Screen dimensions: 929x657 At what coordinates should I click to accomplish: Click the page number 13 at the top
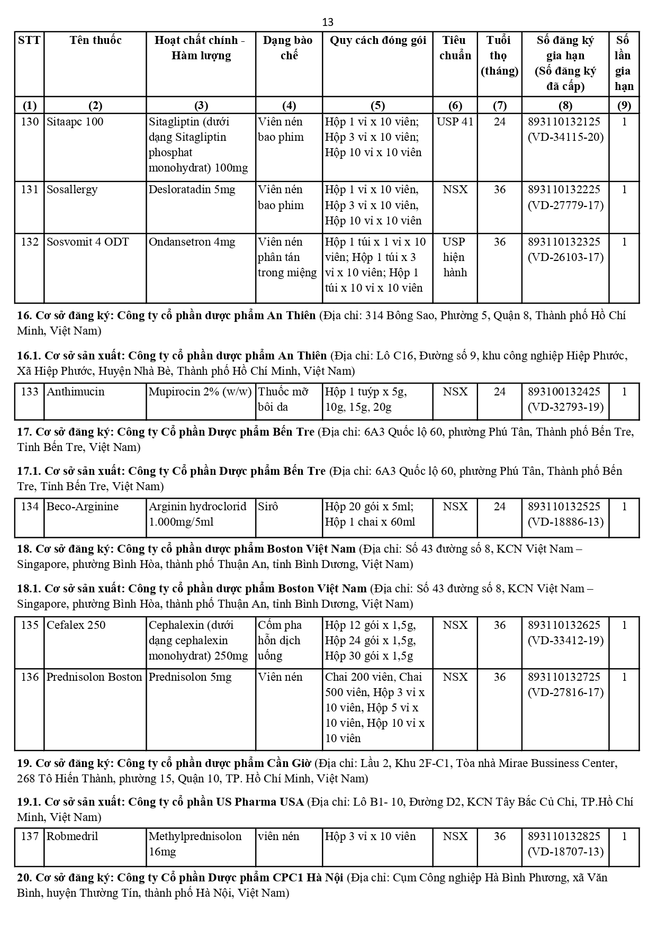coord(328,22)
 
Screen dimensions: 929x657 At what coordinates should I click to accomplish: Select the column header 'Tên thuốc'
coord(95,41)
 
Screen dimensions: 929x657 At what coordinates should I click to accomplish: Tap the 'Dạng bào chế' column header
coord(289,48)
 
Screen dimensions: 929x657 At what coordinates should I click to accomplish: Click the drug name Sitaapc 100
coord(75,122)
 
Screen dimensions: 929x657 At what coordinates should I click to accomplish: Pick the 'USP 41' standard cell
coord(455,122)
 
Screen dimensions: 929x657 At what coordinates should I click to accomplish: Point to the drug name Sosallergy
coord(72,190)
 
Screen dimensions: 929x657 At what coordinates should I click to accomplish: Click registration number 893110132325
coord(564,242)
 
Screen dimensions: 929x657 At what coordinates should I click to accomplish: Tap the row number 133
coord(30,392)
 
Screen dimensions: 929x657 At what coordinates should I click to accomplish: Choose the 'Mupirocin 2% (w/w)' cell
coord(200,392)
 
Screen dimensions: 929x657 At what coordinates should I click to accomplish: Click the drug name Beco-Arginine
coord(83,507)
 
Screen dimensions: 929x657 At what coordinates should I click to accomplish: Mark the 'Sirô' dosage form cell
coord(268,507)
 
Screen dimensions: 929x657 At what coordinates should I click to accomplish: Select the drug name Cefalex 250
coord(76,625)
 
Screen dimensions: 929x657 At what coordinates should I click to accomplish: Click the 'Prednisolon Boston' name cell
coord(94,677)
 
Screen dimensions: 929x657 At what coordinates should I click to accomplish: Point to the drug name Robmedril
coord(72,837)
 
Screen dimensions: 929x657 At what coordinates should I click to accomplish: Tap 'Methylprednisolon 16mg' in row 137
coord(195,844)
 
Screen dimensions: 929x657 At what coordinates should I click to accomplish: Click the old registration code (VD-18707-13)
coord(565,852)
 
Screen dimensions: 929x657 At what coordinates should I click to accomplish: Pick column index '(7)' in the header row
coord(499,105)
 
